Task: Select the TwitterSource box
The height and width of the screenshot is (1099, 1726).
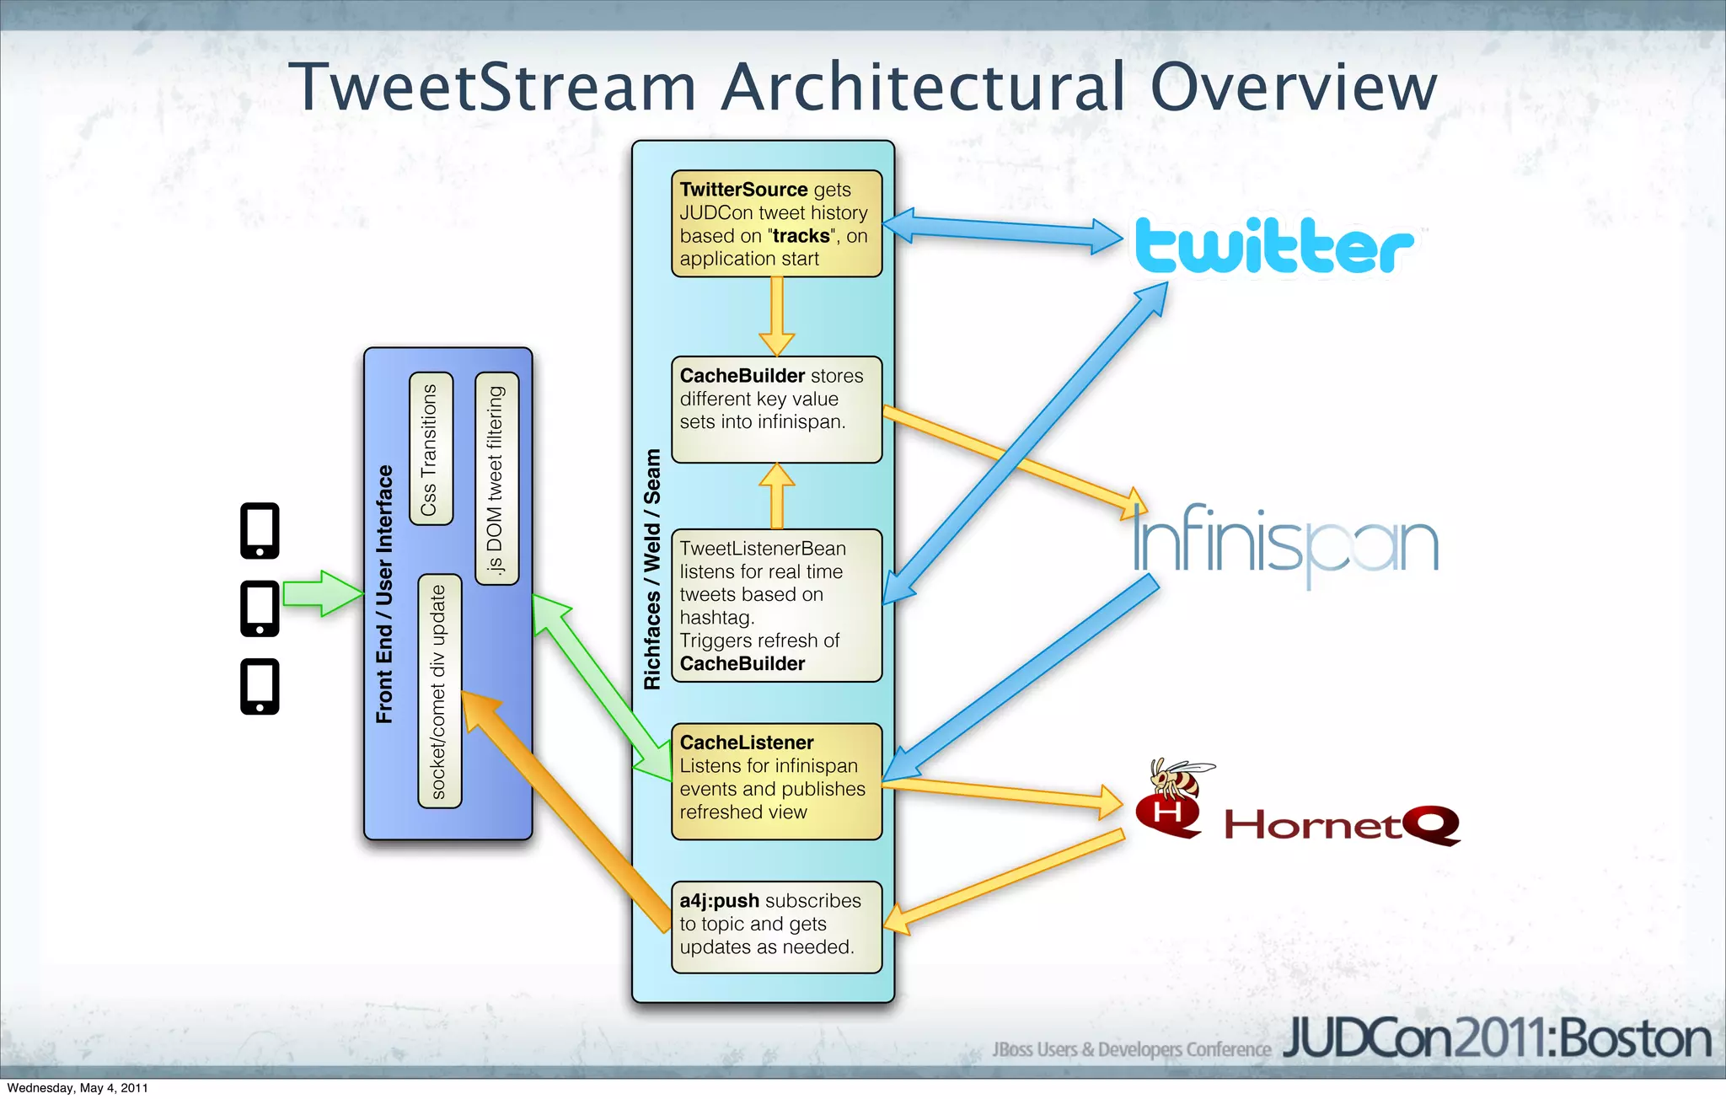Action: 776,223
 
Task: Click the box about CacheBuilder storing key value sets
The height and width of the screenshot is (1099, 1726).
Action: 776,410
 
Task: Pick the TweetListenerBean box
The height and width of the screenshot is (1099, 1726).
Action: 776,605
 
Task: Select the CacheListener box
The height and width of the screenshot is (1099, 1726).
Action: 776,781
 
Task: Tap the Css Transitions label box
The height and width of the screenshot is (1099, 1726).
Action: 431,449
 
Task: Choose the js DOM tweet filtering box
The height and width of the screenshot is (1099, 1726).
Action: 496,479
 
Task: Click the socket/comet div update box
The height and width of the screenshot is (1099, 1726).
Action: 439,691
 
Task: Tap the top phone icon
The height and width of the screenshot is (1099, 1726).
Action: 260,531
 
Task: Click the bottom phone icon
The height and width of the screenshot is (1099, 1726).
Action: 260,686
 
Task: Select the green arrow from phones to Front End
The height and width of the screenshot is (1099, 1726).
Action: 320,593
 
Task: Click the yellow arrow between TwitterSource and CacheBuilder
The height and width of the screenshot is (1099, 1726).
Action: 776,316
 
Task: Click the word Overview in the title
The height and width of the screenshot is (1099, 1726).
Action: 1293,88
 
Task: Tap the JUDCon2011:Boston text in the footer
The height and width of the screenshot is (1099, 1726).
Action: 1496,1039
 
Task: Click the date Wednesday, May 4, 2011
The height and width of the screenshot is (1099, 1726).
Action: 78,1088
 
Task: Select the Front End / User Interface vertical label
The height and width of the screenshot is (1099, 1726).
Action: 384,594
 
